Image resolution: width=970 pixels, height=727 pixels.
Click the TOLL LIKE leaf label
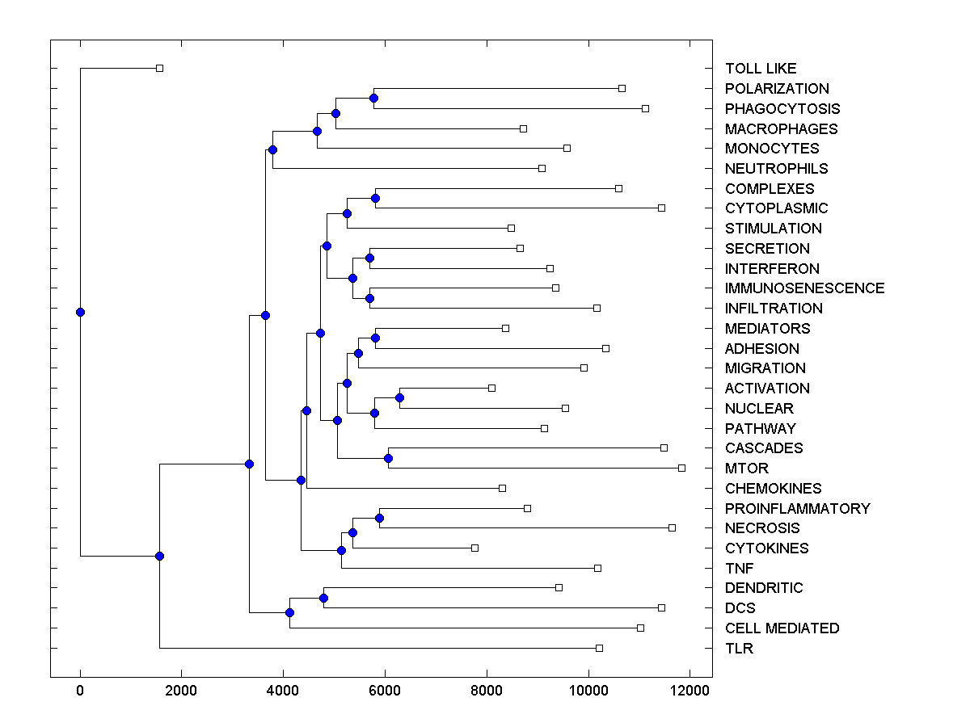[x=760, y=69]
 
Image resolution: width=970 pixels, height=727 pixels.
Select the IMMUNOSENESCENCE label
[x=804, y=288]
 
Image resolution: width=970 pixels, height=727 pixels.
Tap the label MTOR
[x=746, y=469]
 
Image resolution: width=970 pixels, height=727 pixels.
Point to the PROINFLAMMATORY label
[x=797, y=509]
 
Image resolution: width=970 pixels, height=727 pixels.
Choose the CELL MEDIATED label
[x=782, y=628]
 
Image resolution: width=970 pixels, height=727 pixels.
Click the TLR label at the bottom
[x=739, y=649]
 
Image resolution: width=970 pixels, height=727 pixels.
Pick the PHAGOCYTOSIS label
[x=782, y=109]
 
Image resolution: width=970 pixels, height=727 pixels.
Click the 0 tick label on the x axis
[x=80, y=690]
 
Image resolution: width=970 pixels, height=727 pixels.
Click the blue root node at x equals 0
[x=80, y=312]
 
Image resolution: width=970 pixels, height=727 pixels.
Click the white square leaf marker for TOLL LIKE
[x=159, y=68]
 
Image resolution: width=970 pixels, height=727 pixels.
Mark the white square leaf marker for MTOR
[x=681, y=468]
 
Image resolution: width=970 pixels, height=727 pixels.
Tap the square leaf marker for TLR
[x=599, y=648]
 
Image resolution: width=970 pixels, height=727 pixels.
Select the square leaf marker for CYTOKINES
[x=474, y=548]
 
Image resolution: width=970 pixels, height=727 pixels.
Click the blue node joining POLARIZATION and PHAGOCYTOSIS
[x=373, y=98]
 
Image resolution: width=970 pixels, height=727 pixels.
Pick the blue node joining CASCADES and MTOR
[x=388, y=458]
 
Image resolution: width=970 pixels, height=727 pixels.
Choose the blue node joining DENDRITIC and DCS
[x=323, y=598]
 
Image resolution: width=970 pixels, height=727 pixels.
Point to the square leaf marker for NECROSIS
[x=672, y=527]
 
